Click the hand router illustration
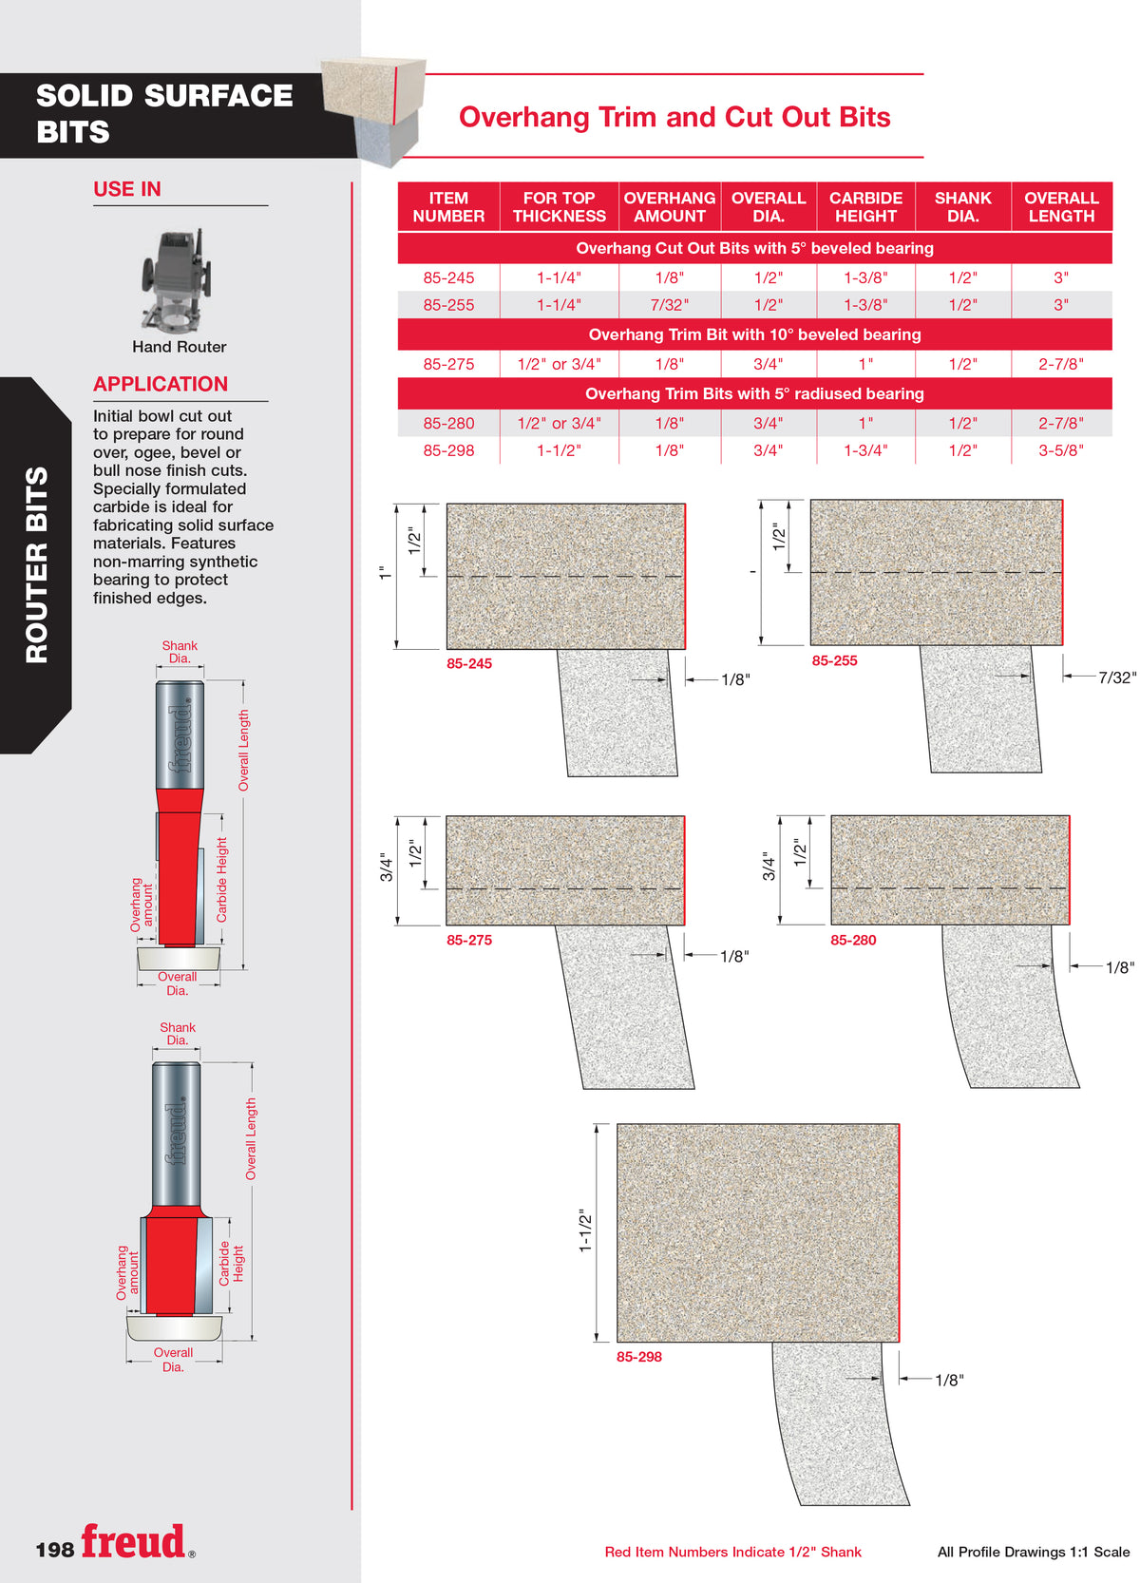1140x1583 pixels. [177, 280]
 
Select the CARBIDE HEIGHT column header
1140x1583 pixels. [865, 206]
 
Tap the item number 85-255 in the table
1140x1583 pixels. [448, 305]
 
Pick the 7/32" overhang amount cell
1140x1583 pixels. [669, 305]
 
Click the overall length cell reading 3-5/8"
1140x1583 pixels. [1060, 450]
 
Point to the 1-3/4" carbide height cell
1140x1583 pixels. [865, 450]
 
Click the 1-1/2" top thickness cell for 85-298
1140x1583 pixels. [559, 450]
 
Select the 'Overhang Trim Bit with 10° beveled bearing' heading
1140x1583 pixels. [754, 334]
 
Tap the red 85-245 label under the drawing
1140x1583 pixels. [468, 663]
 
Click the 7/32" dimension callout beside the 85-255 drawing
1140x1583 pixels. [1116, 677]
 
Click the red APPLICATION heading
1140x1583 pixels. [161, 384]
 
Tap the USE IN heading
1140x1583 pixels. [127, 189]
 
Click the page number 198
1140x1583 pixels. [54, 1550]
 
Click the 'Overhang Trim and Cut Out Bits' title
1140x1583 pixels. [674, 117]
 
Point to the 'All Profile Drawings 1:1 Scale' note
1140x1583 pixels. [1033, 1552]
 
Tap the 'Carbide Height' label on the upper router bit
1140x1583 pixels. [221, 879]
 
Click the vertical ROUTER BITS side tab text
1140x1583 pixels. [37, 564]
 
